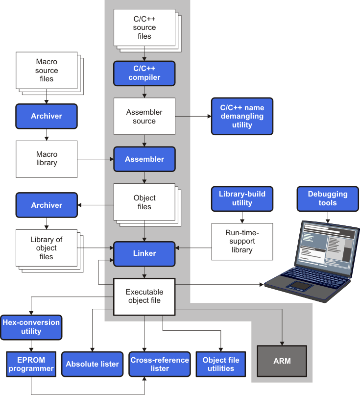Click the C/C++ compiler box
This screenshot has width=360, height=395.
click(144, 73)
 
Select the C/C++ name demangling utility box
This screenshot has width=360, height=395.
click(242, 116)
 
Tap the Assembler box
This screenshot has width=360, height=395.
click(144, 159)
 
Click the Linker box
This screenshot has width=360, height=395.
click(144, 253)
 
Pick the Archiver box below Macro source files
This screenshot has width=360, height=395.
click(47, 116)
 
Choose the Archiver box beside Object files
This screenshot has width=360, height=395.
click(47, 205)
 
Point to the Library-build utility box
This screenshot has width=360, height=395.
click(242, 198)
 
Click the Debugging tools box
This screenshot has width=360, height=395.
click(328, 198)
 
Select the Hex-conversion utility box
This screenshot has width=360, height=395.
click(31, 327)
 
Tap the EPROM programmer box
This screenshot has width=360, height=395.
click(31, 364)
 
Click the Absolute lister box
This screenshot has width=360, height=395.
click(93, 364)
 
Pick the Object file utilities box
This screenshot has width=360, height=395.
click(221, 364)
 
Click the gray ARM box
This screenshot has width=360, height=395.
click(282, 361)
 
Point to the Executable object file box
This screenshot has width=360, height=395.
click(144, 296)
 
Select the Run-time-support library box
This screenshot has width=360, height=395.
click(242, 242)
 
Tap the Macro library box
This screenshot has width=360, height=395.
click(47, 159)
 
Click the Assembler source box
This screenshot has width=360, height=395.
click(144, 116)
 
